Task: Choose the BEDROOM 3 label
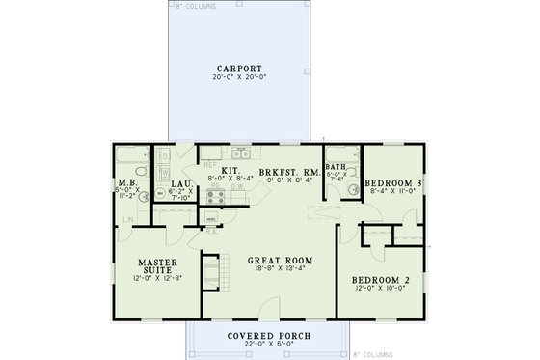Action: pos(393,183)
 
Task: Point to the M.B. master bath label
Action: pos(125,183)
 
